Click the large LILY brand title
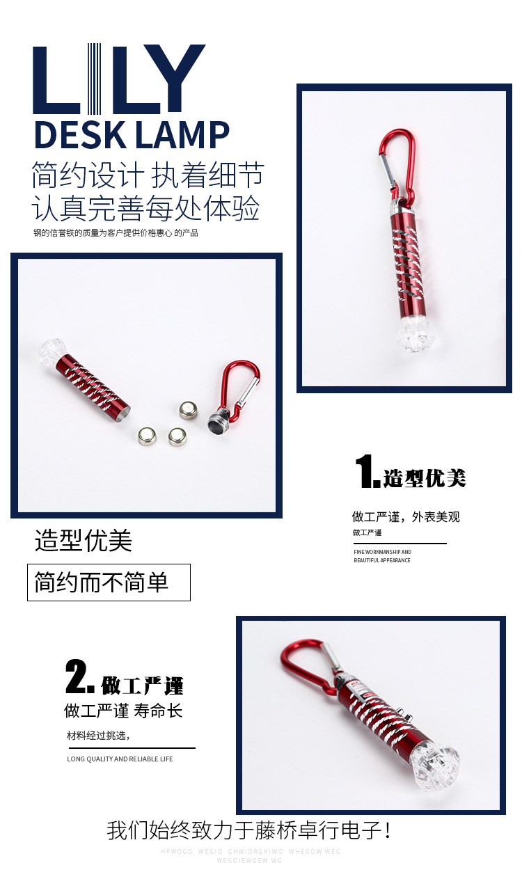point(119,79)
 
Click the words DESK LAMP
point(132,135)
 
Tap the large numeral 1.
point(367,473)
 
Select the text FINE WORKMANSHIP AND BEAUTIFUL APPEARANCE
point(382,556)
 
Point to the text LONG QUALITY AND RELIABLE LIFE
point(120,759)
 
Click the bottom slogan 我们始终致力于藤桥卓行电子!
point(249,830)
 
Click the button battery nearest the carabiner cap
point(188,410)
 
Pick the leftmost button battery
point(147,436)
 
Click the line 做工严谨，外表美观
point(406,516)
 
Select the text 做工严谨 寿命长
point(123,711)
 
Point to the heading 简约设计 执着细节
point(148,176)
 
